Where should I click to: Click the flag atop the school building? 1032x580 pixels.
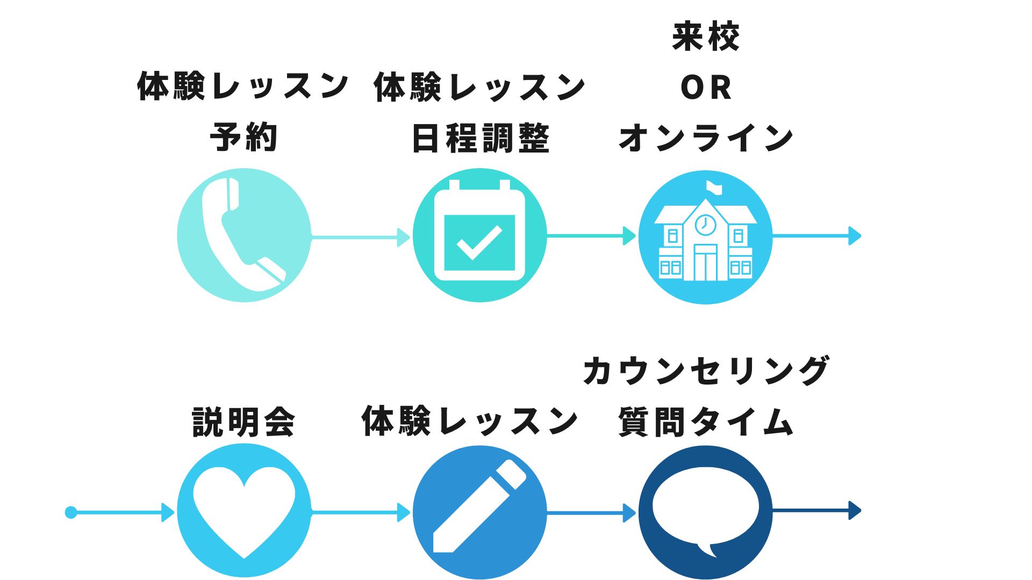click(714, 187)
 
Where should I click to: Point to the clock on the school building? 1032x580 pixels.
click(705, 224)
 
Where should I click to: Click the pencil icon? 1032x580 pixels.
click(478, 507)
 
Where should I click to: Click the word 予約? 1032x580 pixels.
click(243, 137)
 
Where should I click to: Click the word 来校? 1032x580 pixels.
click(706, 37)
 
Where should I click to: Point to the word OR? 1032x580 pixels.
click(706, 88)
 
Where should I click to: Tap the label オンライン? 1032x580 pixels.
click(706, 138)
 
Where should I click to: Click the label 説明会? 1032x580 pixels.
click(243, 422)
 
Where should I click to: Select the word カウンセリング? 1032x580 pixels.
click(706, 371)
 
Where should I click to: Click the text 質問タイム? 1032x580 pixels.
click(706, 422)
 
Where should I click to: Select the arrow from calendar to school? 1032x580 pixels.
click(591, 236)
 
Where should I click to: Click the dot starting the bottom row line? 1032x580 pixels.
click(71, 512)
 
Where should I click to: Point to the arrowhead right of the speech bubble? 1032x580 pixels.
click(855, 510)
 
